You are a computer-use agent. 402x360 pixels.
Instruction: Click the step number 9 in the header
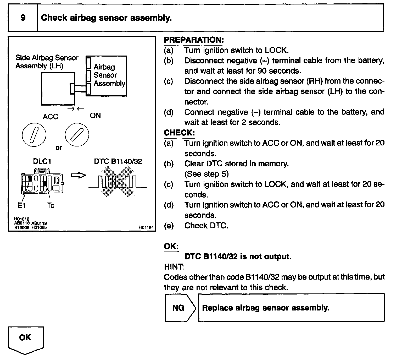23,18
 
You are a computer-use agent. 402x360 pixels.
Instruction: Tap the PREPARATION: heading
194,40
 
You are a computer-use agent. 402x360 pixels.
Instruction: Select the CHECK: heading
179,133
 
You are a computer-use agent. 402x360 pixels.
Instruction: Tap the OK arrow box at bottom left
25,339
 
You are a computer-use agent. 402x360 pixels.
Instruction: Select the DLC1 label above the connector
42,161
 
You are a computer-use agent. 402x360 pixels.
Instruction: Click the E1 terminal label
21,206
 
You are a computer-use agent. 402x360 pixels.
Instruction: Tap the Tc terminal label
51,206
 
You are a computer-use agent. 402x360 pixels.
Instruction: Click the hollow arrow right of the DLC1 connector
79,175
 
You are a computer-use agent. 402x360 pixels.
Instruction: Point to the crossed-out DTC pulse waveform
117,182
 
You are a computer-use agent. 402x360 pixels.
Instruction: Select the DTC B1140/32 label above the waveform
118,161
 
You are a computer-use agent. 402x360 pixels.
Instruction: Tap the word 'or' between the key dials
59,148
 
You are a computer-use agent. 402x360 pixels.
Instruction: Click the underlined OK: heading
171,246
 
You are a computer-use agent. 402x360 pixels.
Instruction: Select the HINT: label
174,267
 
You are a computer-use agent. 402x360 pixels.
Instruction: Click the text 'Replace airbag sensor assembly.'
266,308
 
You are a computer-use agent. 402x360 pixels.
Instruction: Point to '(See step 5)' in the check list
206,174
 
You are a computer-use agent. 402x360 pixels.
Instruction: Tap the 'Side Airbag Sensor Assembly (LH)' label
47,62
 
